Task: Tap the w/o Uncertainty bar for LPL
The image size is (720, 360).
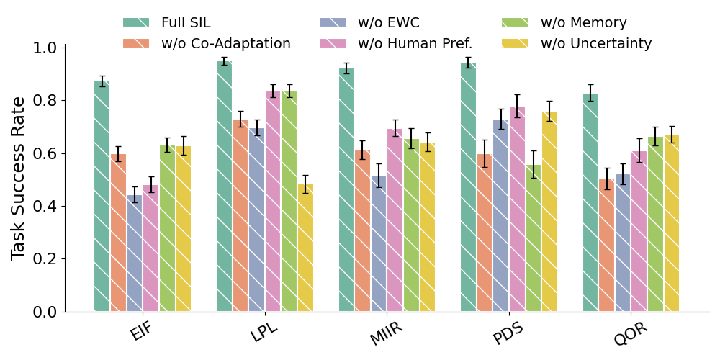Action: point(305,248)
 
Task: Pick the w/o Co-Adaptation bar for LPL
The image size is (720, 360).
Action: point(240,216)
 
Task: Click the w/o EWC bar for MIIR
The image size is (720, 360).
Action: point(379,244)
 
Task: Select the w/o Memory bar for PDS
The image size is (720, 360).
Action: point(534,238)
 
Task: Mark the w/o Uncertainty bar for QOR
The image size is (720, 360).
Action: point(672,223)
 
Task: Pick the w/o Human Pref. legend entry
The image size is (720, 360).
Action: point(396,43)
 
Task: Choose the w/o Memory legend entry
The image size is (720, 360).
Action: point(564,22)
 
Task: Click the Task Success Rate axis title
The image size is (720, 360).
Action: point(19,179)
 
